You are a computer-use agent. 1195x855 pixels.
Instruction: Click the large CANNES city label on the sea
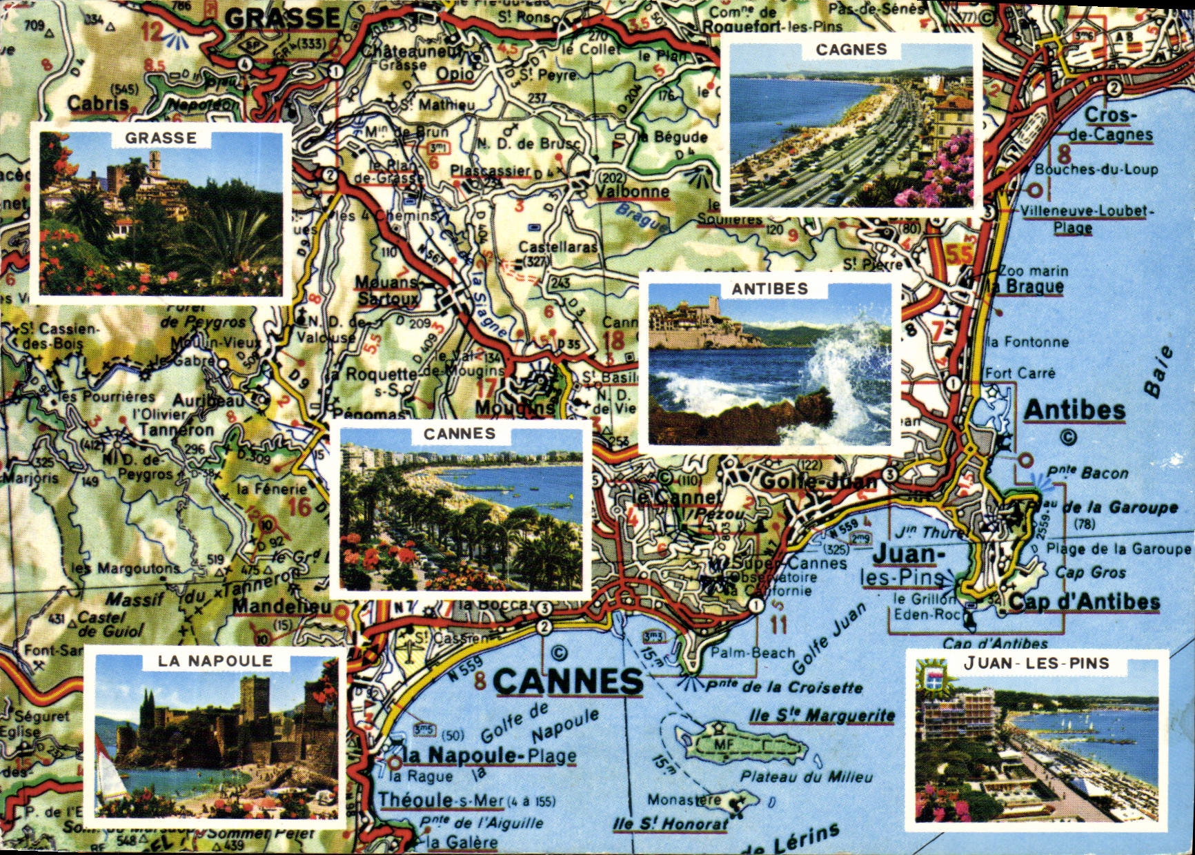pyautogui.click(x=567, y=682)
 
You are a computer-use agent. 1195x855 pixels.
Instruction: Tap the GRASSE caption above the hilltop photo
pyautogui.click(x=161, y=138)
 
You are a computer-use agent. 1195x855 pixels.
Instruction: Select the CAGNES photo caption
pyautogui.click(x=851, y=50)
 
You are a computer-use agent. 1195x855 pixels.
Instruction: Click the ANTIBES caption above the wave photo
pyautogui.click(x=769, y=289)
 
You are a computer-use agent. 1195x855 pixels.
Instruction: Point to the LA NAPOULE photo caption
pyautogui.click(x=215, y=661)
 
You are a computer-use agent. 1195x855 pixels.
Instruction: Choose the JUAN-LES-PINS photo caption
pyautogui.click(x=1036, y=664)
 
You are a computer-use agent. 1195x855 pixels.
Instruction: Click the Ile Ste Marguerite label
pyautogui.click(x=822, y=716)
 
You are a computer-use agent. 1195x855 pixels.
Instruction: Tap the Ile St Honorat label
pyautogui.click(x=670, y=824)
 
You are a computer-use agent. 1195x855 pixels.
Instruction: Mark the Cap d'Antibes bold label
pyautogui.click(x=1084, y=602)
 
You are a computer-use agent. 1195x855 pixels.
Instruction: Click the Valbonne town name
pyautogui.click(x=632, y=192)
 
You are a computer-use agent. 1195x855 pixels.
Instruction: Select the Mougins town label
pyautogui.click(x=515, y=409)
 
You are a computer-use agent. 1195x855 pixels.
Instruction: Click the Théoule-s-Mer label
pyautogui.click(x=442, y=800)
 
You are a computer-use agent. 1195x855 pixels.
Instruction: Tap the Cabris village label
pyautogui.click(x=98, y=104)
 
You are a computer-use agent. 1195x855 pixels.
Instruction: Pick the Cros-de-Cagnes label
pyautogui.click(x=1110, y=125)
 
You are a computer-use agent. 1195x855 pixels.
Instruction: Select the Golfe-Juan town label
pyautogui.click(x=818, y=480)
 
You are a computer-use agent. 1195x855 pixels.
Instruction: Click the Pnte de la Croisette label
pyautogui.click(x=783, y=687)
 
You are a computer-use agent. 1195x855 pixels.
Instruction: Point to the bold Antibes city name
pyautogui.click(x=1074, y=411)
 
